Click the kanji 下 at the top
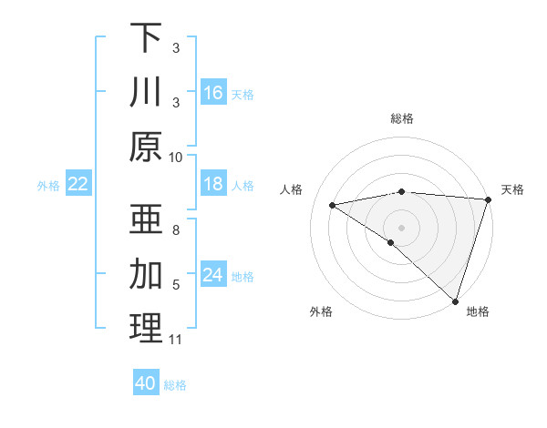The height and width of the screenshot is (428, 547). tap(146, 38)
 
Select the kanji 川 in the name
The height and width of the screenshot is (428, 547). tap(146, 93)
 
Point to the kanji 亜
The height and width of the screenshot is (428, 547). tap(146, 219)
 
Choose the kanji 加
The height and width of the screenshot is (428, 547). tap(146, 274)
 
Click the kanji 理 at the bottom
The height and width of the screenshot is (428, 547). tap(146, 329)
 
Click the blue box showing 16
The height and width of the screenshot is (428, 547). tap(213, 93)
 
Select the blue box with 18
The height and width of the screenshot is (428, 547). tap(213, 185)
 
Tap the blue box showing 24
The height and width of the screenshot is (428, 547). tap(213, 276)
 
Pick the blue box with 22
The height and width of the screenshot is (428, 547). tap(77, 185)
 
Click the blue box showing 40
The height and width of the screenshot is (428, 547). tap(146, 383)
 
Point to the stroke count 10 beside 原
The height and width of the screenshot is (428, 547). tap(176, 157)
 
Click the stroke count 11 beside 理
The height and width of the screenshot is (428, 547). tap(176, 340)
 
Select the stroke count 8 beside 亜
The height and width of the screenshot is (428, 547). tap(176, 230)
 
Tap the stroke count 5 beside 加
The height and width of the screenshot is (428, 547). tap(176, 285)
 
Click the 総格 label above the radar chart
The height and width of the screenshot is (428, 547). tap(402, 118)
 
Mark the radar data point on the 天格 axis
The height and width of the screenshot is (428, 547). tap(489, 199)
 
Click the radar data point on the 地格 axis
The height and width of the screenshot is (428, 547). tap(455, 301)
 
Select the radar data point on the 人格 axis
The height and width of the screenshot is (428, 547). tap(332, 205)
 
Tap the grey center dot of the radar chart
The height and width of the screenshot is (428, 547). tap(401, 227)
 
